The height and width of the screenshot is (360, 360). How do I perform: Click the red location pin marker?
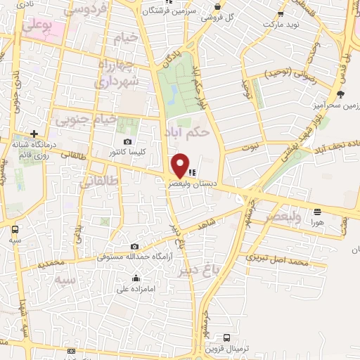pyautogui.click(x=181, y=165)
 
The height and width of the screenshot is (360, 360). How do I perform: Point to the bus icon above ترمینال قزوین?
pyautogui.click(x=226, y=337)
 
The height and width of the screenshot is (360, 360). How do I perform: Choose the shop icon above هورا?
pyautogui.click(x=318, y=211)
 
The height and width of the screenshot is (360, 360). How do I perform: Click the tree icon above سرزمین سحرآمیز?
pyautogui.click(x=341, y=94)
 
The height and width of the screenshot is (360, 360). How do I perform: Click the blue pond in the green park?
pyautogui.click(x=173, y=91)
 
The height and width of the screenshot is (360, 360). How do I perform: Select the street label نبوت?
pyautogui.click(x=252, y=148)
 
